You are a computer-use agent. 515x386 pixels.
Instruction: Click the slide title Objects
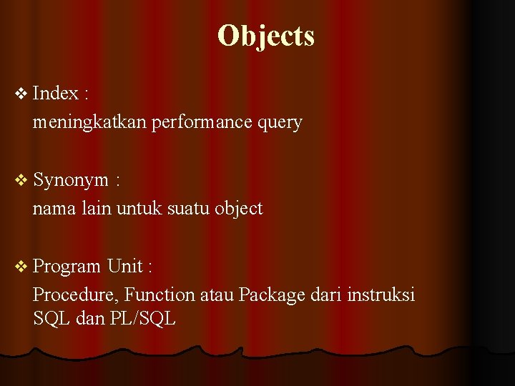click(x=265, y=36)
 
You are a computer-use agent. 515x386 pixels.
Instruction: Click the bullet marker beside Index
click(x=21, y=93)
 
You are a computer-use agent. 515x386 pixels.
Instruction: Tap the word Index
click(x=56, y=93)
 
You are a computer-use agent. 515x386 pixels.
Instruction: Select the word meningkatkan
click(x=89, y=122)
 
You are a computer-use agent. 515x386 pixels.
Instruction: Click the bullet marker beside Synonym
click(x=21, y=179)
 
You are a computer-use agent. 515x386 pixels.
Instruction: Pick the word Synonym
click(x=71, y=180)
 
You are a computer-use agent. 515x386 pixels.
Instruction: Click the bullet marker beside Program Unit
click(x=21, y=266)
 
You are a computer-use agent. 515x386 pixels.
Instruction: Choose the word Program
click(x=67, y=267)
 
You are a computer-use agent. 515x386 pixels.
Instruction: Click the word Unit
click(x=124, y=266)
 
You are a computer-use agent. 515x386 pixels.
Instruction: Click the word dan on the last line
click(x=89, y=319)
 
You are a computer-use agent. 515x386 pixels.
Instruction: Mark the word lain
click(x=96, y=209)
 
